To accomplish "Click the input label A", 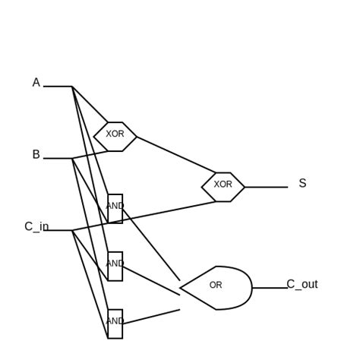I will (x=36, y=83).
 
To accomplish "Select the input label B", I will (x=36, y=155).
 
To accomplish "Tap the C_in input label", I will (x=36, y=227).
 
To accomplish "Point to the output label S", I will (x=302, y=184).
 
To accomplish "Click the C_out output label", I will (x=302, y=285).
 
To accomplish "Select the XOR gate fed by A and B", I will (x=115, y=136).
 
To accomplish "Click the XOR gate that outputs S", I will (x=223, y=187).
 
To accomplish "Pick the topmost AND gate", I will (x=115, y=208).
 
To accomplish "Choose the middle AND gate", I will (x=115, y=266).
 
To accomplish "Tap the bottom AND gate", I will (x=115, y=324).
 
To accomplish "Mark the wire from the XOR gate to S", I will (x=266, y=187).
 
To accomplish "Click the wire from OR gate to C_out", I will (x=270, y=288).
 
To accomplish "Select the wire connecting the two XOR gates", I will (x=176, y=154).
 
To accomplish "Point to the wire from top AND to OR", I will (x=151, y=245).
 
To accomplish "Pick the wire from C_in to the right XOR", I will (x=144, y=216).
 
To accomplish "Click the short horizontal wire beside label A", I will (x=58, y=87).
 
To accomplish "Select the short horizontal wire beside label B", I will (x=58, y=158).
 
